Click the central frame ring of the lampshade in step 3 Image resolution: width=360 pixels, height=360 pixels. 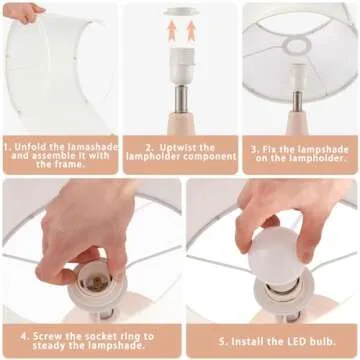[x=298, y=46]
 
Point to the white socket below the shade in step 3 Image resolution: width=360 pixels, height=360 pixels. [x=298, y=77]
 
